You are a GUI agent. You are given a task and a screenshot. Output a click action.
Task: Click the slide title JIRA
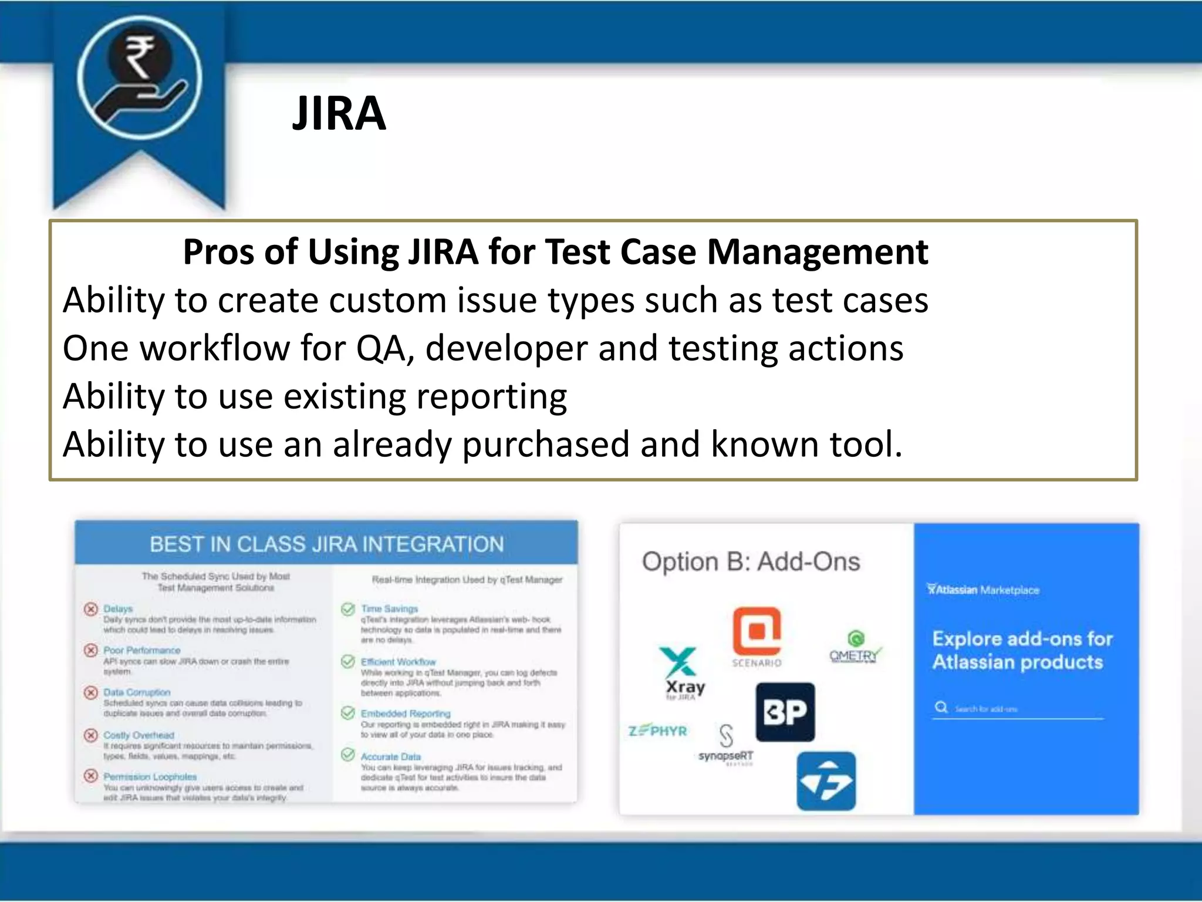339,113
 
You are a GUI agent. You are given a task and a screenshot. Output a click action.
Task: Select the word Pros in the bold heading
218,252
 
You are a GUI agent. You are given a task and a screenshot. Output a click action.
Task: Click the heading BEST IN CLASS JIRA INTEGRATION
326,544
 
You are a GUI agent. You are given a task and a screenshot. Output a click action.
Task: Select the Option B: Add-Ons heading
751,562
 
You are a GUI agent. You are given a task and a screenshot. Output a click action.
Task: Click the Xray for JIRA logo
681,673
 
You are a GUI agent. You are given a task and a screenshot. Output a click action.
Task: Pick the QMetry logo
855,648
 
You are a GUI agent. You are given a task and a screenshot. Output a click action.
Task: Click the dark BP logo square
785,712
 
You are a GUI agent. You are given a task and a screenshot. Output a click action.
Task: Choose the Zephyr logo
657,731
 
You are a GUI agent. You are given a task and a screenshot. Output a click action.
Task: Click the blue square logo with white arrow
826,781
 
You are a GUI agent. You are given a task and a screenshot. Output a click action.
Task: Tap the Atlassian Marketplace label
983,590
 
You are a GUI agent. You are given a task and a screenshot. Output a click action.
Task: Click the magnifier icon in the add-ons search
941,707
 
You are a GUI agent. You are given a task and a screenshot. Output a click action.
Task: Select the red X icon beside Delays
90,609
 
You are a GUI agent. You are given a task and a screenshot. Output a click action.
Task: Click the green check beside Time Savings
347,609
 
